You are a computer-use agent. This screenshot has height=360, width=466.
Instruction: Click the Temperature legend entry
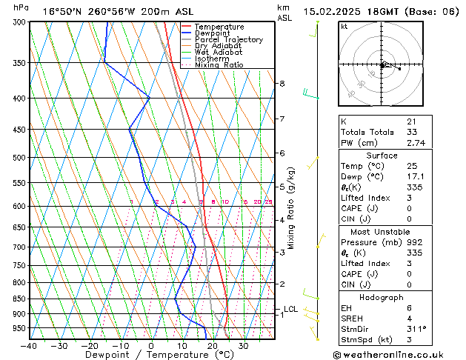tap(219, 27)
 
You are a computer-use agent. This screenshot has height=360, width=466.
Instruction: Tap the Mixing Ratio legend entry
tap(219, 65)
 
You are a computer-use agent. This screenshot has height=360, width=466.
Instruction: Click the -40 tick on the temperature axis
tap(30, 345)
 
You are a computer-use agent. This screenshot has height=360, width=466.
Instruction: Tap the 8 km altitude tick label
tap(282, 84)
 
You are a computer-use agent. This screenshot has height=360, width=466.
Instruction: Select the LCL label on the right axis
tap(291, 309)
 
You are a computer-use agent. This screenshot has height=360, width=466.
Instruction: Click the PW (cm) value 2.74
tap(415, 143)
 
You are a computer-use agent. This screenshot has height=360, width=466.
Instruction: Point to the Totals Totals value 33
tap(411, 132)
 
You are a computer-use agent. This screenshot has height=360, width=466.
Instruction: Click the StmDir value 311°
tap(416, 329)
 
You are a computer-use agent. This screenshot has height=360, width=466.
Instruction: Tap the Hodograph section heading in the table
tap(382, 297)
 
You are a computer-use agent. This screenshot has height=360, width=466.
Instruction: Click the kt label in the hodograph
tap(344, 26)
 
